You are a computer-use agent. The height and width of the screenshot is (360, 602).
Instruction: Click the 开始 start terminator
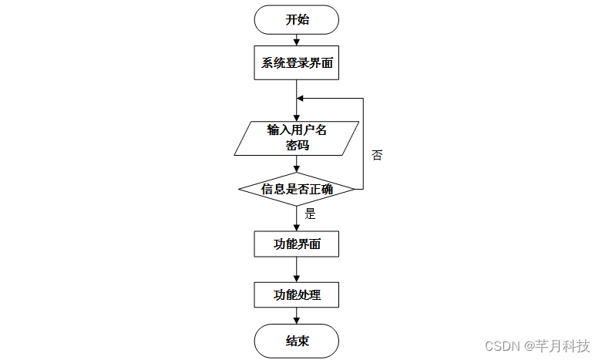[297, 20]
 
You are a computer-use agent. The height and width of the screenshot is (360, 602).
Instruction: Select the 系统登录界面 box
[297, 63]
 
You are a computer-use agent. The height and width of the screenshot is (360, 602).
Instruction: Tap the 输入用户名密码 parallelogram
[297, 137]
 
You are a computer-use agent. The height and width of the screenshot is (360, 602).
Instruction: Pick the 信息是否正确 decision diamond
[297, 188]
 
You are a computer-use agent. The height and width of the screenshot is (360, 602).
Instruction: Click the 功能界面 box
[297, 245]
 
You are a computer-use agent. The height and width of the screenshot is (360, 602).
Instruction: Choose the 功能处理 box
[297, 294]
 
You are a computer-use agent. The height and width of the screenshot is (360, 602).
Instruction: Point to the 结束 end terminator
[297, 341]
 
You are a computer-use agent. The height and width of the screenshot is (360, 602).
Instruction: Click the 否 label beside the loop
[377, 155]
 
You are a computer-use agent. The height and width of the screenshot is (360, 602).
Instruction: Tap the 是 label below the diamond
[311, 214]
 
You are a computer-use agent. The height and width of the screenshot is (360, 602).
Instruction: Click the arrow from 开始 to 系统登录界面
[297, 40]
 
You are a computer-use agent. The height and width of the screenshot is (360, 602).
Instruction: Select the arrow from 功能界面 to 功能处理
[297, 270]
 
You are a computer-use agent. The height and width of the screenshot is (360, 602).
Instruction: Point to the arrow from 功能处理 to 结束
[297, 315]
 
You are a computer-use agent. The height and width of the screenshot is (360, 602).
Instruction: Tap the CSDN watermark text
[504, 345]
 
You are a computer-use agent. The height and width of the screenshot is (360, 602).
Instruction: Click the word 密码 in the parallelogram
[297, 144]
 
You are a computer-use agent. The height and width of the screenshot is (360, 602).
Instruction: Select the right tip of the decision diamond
[354, 188]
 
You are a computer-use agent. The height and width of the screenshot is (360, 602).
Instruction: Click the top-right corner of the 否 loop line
[363, 99]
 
